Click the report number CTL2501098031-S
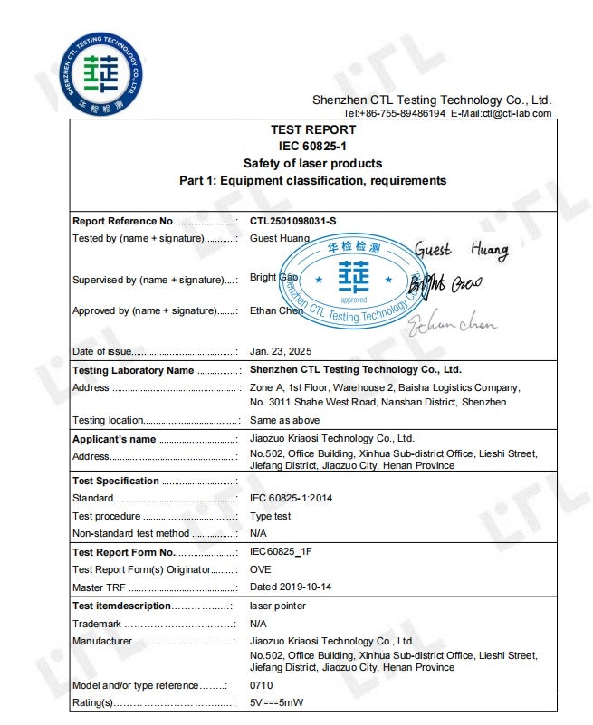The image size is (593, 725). pos(299,221)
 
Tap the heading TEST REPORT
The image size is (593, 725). pos(313,129)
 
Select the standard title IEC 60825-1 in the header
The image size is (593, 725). pos(313,146)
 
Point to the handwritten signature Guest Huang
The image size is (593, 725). pos(462,250)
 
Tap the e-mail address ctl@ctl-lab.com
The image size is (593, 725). pos(516,113)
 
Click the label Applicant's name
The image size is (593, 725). pos(114,439)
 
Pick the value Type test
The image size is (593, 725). pos(271,516)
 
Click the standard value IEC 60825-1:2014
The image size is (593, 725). pos(291,498)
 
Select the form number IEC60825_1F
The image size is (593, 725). pos(280,552)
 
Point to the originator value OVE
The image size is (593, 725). pos(261,569)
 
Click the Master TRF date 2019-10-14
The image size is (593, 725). pos(306,587)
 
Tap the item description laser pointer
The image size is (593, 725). pos(277,606)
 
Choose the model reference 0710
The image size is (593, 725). pos(261,685)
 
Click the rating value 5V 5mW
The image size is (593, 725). pos(278,702)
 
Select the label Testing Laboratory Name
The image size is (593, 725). pos(133,370)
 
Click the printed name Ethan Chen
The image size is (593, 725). pos(276,310)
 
